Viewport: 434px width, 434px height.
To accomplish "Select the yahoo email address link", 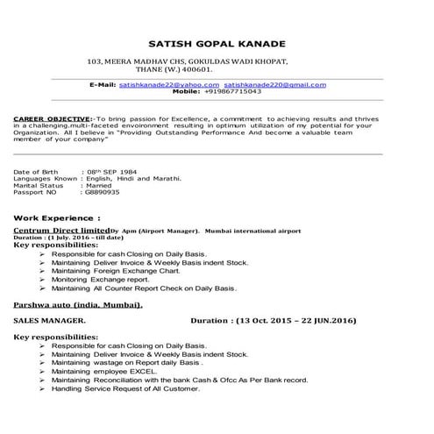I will (x=162, y=84).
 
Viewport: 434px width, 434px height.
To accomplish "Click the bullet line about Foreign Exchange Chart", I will (x=120, y=271).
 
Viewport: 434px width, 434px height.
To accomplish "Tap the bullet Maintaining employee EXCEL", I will (x=117, y=371).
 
